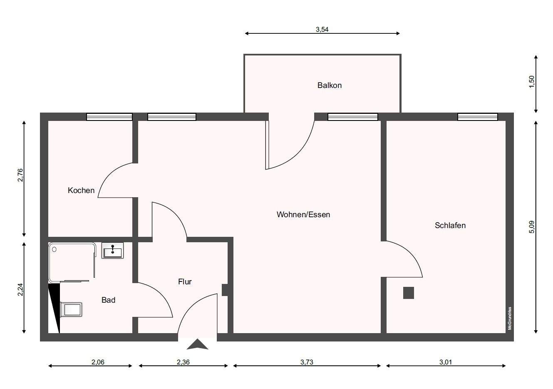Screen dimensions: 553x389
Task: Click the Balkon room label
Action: coord(329,85)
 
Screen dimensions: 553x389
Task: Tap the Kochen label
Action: coord(81,191)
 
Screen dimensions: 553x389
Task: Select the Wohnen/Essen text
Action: coord(303,214)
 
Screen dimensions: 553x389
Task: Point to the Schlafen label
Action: coord(450,225)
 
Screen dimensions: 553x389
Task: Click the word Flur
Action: coord(185,281)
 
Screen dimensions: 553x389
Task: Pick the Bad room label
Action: coord(108,300)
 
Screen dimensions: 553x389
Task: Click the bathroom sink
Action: coord(113,250)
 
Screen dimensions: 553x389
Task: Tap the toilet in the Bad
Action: coord(71,309)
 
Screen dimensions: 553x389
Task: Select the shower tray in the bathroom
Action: coord(72,262)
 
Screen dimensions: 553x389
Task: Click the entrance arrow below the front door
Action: coord(197,344)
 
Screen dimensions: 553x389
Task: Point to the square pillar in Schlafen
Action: coord(408,293)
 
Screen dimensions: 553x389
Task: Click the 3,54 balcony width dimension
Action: coord(322,30)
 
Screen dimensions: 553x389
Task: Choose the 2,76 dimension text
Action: coord(20,175)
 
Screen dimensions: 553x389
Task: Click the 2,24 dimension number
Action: coord(20,289)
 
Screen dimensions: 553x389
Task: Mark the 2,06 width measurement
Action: coord(98,362)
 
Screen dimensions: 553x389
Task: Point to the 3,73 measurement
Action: coord(307,362)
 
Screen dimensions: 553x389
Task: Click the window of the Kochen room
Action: coord(109,117)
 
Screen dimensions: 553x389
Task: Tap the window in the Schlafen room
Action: coord(477,117)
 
